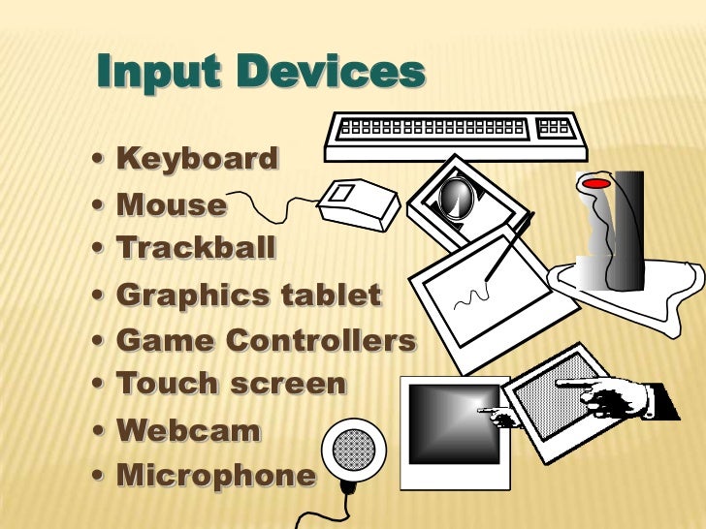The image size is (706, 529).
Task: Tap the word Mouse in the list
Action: [171, 204]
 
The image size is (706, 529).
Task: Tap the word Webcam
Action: [188, 431]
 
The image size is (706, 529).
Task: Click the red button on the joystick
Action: [595, 182]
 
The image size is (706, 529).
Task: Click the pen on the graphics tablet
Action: [508, 246]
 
